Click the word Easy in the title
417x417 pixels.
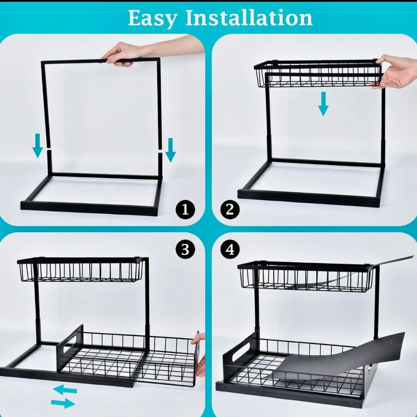(x=152, y=19)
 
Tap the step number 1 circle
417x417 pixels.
(x=186, y=210)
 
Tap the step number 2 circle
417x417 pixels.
(x=230, y=210)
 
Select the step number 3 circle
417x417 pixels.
(x=186, y=250)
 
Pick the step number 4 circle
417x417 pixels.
(x=230, y=250)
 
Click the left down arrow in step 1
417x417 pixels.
(x=38, y=146)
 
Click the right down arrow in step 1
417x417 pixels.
(x=171, y=150)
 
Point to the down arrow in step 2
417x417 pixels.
(x=323, y=104)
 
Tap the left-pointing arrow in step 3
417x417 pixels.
(x=65, y=390)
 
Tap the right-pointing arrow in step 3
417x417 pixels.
(x=63, y=403)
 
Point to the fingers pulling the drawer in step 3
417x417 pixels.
(x=199, y=354)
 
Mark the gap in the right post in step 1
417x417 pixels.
(x=160, y=151)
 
